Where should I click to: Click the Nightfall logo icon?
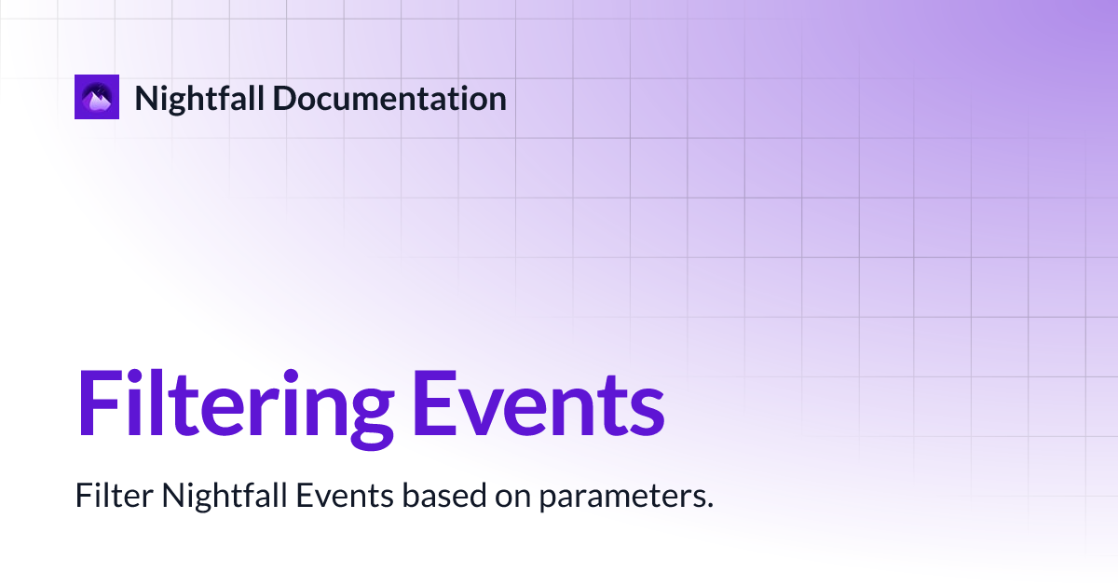tap(98, 98)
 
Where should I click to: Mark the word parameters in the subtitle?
tap(620, 498)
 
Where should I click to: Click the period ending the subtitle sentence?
tap(710, 505)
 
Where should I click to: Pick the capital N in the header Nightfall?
tap(145, 98)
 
